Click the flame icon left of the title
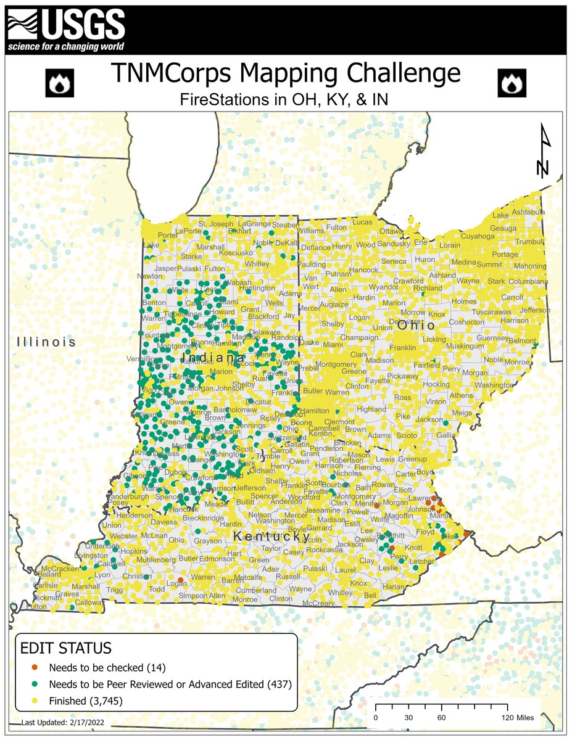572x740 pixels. click(x=60, y=83)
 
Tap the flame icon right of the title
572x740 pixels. click(x=511, y=83)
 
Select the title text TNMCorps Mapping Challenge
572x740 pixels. click(x=285, y=73)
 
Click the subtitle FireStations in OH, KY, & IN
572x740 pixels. click(x=285, y=99)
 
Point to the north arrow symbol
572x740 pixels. click(x=543, y=151)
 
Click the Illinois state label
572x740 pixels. click(x=46, y=342)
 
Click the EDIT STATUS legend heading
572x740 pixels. click(x=66, y=648)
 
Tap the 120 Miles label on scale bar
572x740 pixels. click(x=517, y=718)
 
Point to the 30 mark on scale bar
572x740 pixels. click(x=408, y=718)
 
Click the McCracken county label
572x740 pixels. click(x=61, y=568)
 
